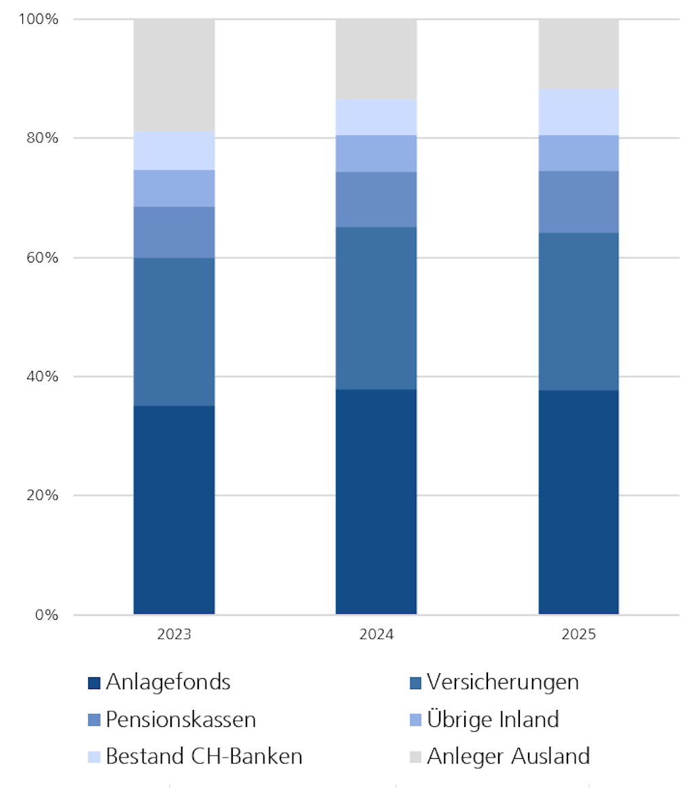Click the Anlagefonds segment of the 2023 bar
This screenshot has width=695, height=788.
174,509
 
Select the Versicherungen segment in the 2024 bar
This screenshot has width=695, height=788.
376,308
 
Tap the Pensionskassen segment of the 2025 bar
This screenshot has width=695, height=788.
578,201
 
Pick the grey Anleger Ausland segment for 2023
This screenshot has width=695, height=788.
174,75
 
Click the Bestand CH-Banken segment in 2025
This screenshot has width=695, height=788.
578,112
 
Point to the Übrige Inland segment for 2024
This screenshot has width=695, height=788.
376,153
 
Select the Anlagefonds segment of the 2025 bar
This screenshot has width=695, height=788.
578,502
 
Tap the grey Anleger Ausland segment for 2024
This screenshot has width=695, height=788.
376,59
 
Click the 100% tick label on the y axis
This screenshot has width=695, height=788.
38,19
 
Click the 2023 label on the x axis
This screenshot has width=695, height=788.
174,635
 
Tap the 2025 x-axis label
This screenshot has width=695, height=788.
578,635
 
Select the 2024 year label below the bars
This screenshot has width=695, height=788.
376,635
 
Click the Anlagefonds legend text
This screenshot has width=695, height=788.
168,682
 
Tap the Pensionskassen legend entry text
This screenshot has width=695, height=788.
181,720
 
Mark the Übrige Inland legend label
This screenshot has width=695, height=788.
493,720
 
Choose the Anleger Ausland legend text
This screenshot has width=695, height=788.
508,756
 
